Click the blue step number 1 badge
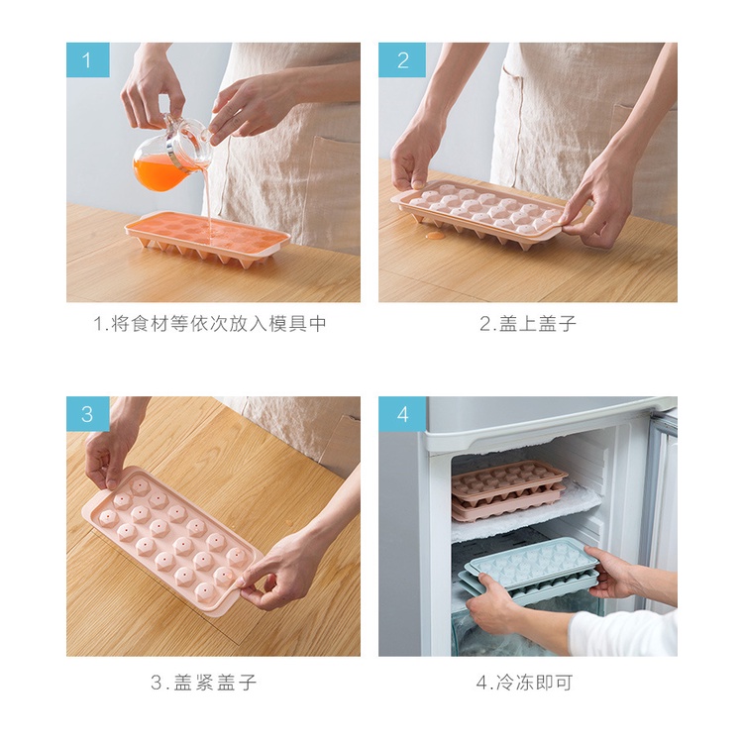[87, 60]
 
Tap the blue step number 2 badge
[402, 60]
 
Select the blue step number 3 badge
[87, 414]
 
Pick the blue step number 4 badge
[402, 414]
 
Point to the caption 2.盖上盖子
[527, 324]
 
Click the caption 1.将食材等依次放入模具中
[210, 324]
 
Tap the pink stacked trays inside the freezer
[507, 490]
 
